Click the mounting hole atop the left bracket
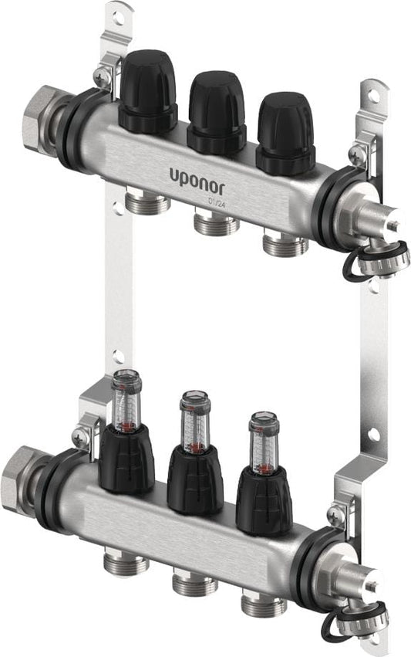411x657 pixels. tap(117, 14)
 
